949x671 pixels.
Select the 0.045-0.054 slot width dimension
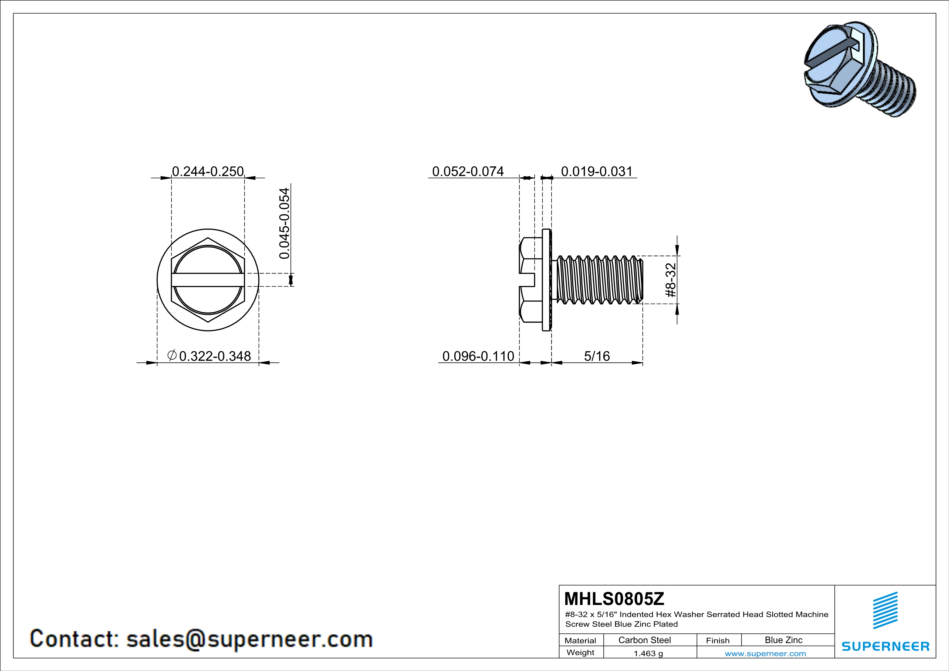(x=284, y=223)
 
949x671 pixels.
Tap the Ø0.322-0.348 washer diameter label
(x=209, y=356)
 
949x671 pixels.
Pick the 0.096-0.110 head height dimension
(x=478, y=356)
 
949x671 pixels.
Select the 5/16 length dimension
(x=597, y=356)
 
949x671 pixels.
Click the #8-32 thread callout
(x=671, y=280)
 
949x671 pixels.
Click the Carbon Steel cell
(x=644, y=640)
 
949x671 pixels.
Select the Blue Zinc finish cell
(x=783, y=640)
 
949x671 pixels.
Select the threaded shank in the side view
(x=599, y=280)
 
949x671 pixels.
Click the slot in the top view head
(x=208, y=280)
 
